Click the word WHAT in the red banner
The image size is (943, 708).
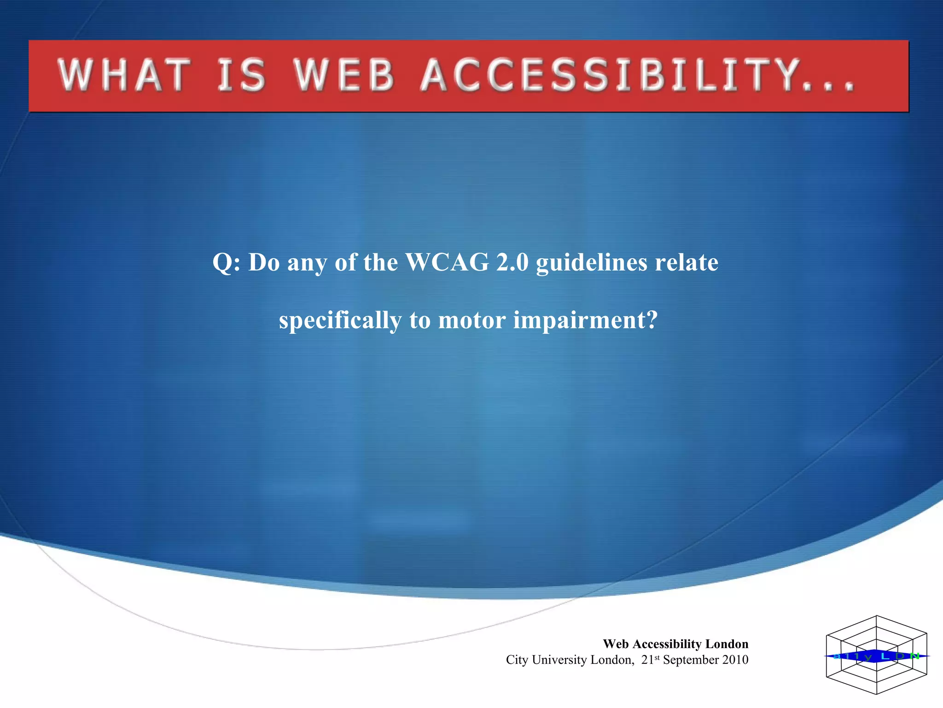(123, 76)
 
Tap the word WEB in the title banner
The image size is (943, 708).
(344, 76)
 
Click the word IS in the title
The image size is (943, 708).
(241, 76)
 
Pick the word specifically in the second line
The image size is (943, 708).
(340, 320)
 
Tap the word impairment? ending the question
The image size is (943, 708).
(585, 320)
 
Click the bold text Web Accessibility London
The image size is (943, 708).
(675, 643)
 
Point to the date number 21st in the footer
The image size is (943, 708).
(650, 660)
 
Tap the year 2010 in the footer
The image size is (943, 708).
(735, 660)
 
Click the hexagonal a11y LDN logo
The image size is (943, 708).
(876, 655)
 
